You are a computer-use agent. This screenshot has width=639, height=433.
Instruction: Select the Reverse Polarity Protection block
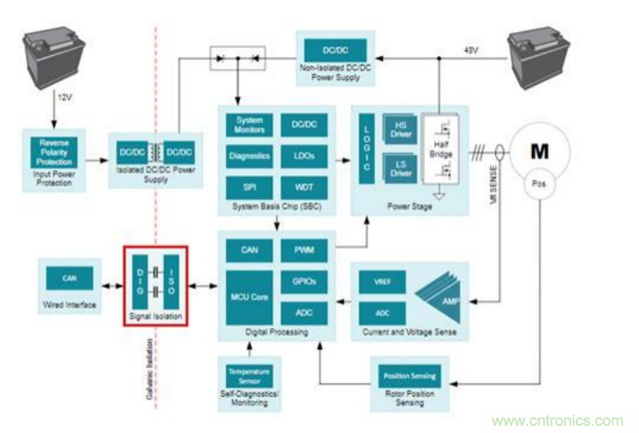pyautogui.click(x=54, y=153)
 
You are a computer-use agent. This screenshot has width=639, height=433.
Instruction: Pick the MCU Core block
pyautogui.click(x=249, y=297)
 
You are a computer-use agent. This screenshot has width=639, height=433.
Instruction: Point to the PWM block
pyautogui.click(x=304, y=251)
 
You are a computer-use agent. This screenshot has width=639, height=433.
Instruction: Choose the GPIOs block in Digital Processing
pyautogui.click(x=304, y=282)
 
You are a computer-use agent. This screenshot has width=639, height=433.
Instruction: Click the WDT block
pyautogui.click(x=304, y=185)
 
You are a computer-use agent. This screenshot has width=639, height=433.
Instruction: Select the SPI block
pyautogui.click(x=249, y=185)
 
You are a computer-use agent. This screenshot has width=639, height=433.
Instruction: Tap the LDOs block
pyautogui.click(x=304, y=156)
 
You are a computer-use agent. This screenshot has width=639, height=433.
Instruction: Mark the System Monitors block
pyautogui.click(x=249, y=125)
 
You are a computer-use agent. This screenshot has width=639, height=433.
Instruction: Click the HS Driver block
pyautogui.click(x=401, y=129)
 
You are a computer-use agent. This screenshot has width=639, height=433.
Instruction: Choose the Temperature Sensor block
pyautogui.click(x=249, y=375)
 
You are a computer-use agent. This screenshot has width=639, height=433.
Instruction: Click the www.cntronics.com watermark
pyautogui.click(x=558, y=421)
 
